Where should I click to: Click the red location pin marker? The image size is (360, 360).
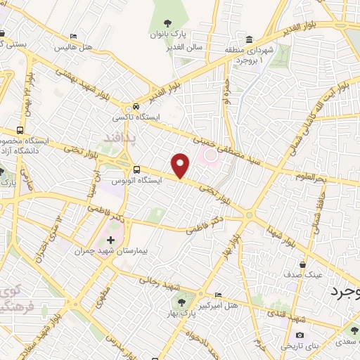(181, 165)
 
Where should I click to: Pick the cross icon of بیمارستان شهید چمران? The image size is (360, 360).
(110, 240)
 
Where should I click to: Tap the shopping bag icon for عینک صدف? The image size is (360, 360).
(302, 265)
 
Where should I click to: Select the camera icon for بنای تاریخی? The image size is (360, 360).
(300, 335)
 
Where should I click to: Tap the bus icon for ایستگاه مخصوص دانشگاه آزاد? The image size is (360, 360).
(20, 131)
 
